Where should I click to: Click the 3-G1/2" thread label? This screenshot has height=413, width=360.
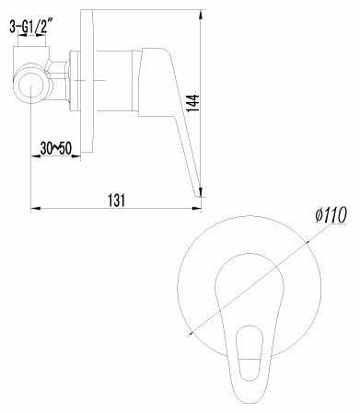click(x=29, y=27)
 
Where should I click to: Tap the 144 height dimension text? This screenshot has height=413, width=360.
click(x=193, y=103)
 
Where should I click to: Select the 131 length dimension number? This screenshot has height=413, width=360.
click(x=117, y=201)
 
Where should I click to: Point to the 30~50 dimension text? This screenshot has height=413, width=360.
click(x=56, y=148)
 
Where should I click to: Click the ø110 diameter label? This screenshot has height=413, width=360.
click(x=331, y=214)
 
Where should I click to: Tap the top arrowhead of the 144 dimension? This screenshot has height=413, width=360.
click(x=201, y=16)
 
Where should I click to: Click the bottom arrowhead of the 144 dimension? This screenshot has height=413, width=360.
click(x=201, y=191)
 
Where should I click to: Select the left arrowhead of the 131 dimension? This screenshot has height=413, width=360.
click(x=36, y=209)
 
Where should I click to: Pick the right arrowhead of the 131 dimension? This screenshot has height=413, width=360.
click(x=197, y=209)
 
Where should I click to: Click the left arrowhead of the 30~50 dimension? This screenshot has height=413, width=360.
click(x=36, y=156)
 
